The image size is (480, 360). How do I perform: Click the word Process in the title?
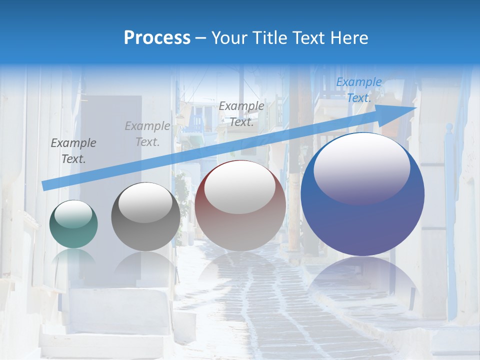(157, 38)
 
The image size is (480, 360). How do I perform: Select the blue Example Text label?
(358, 90)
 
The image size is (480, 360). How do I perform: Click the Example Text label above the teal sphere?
(73, 151)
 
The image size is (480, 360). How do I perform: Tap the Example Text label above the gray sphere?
(147, 134)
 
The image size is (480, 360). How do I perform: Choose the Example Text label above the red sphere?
(241, 113)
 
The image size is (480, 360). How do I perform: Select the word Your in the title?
(228, 38)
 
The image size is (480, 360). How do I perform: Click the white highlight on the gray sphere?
(145, 202)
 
